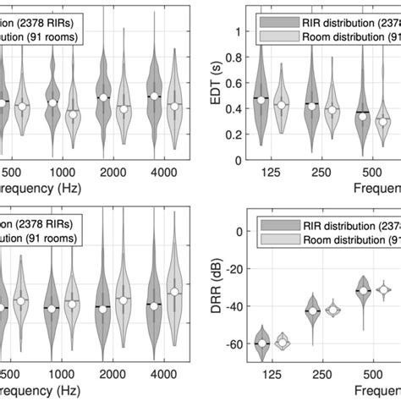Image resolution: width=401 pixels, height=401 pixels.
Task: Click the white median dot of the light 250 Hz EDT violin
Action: click(x=332, y=109)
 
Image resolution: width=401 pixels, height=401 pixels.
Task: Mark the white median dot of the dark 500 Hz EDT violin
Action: click(x=363, y=116)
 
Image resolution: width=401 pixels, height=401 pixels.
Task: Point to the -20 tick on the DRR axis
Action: click(x=233, y=269)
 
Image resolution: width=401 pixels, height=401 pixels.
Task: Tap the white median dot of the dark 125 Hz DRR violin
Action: click(x=261, y=343)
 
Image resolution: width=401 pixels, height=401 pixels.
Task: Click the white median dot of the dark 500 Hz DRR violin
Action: click(x=363, y=290)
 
